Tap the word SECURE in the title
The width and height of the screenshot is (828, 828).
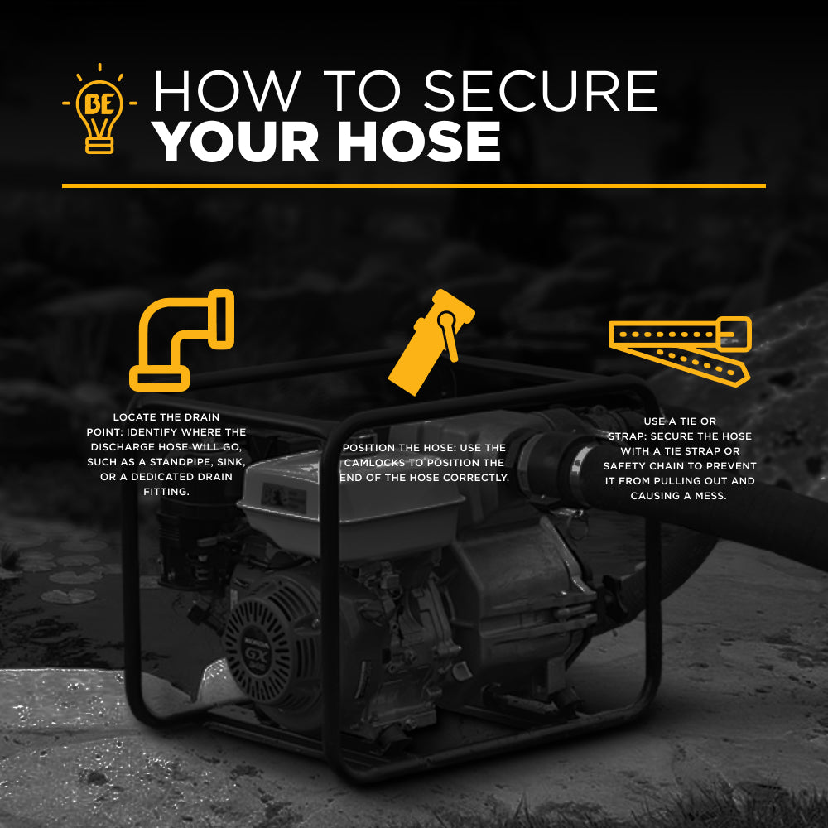(541, 91)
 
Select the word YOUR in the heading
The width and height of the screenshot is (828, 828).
(235, 142)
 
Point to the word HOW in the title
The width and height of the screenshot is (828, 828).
(227, 91)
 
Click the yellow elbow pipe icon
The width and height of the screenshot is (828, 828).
(181, 340)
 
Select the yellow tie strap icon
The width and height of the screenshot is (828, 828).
(680, 351)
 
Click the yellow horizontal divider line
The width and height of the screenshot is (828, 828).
(413, 185)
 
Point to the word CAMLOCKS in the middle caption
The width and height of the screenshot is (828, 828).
(375, 463)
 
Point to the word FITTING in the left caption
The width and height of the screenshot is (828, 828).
(166, 492)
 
